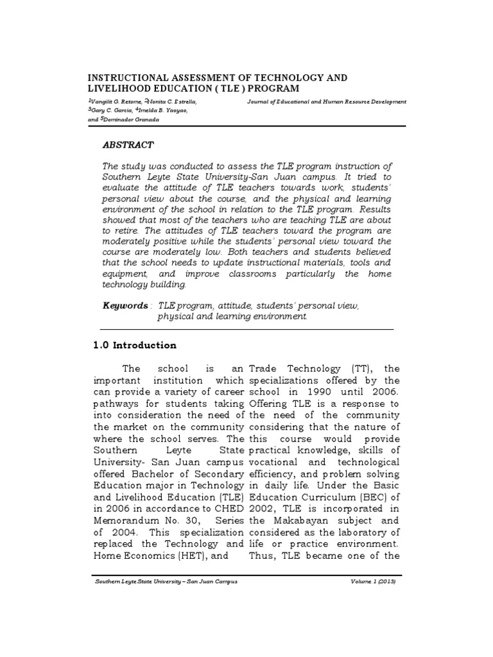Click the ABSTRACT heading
click(128, 146)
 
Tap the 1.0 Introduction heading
click(135, 345)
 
